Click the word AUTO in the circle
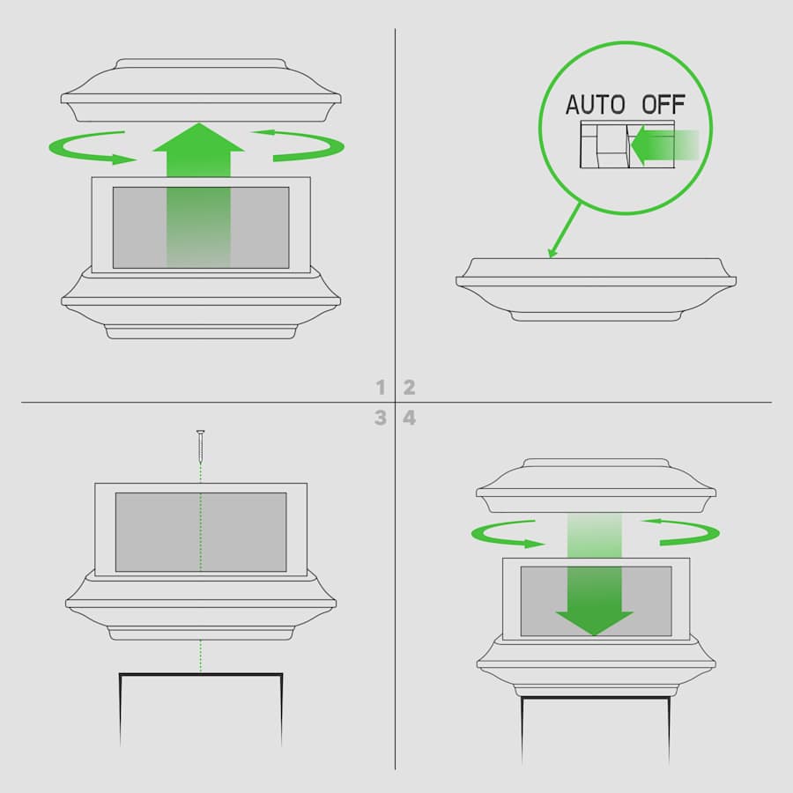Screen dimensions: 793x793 (595, 105)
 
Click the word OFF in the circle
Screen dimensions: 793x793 (663, 105)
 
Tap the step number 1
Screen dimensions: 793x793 (381, 387)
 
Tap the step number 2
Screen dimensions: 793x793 (409, 387)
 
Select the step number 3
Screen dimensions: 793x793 (381, 418)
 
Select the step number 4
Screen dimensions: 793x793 (409, 418)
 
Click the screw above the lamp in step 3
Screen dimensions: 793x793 (201, 446)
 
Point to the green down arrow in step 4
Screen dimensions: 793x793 (595, 599)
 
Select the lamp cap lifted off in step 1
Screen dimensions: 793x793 (201, 92)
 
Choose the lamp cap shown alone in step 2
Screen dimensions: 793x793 (596, 287)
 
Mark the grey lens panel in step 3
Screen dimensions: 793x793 (201, 531)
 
